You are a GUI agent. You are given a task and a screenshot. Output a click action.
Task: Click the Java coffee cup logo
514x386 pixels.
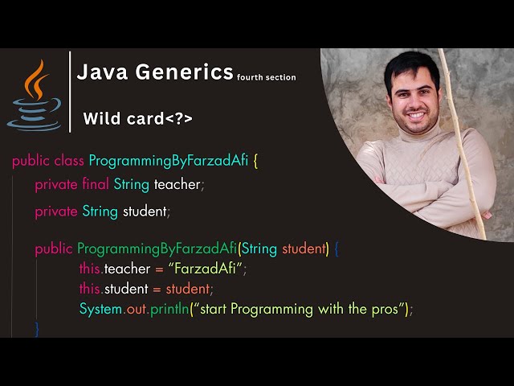click(x=35, y=94)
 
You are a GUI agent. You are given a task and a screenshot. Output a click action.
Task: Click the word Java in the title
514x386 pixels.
click(x=101, y=72)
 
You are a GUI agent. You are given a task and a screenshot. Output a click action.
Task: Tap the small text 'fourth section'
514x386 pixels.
click(x=267, y=78)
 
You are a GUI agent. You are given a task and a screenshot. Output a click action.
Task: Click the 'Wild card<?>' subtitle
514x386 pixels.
click(x=138, y=120)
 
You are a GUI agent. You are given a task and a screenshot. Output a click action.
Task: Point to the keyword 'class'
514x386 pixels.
click(x=69, y=160)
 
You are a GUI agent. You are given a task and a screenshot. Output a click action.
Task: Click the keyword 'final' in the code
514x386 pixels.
click(x=96, y=185)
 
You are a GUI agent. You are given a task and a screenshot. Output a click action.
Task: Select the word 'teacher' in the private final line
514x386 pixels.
click(x=177, y=185)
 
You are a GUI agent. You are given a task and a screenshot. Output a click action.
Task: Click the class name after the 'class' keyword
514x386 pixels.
click(x=169, y=160)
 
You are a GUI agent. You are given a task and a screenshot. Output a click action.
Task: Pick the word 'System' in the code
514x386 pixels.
click(x=100, y=309)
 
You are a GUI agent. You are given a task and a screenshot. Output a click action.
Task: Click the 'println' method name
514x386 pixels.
click(x=166, y=309)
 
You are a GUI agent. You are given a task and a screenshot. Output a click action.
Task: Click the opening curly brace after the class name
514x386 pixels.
click(x=255, y=160)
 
